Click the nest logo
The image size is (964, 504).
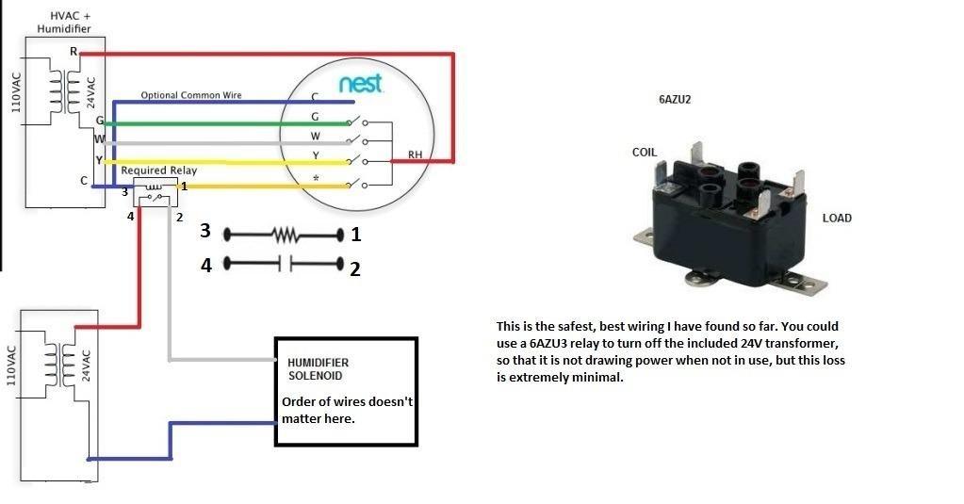tap(361, 85)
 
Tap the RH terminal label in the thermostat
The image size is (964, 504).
tap(415, 154)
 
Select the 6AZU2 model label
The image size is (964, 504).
tap(677, 98)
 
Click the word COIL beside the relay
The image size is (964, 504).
tap(645, 152)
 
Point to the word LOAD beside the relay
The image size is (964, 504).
tap(837, 219)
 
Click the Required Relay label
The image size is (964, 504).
tap(158, 171)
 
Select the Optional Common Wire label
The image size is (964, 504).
tap(191, 95)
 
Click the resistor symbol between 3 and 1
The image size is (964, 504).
tap(285, 233)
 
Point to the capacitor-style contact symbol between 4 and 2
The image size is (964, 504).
tap(285, 265)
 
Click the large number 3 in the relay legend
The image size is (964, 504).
tap(205, 232)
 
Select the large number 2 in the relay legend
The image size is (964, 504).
tap(354, 269)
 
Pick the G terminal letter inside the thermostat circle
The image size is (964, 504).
tap(315, 117)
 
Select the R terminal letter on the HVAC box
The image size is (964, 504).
tap(74, 52)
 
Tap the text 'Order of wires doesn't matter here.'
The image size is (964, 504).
tap(347, 410)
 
